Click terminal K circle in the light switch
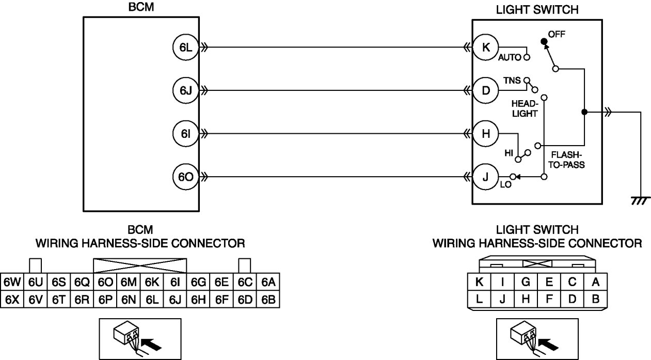485,48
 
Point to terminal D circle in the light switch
485,91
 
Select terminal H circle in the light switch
485,134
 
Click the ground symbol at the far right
640,200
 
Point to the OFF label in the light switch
557,34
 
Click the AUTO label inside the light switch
510,57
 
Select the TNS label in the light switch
512,81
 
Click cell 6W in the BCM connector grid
11,282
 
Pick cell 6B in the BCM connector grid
268,299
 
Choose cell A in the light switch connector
596,282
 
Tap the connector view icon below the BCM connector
139,338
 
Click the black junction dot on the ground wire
584,112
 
